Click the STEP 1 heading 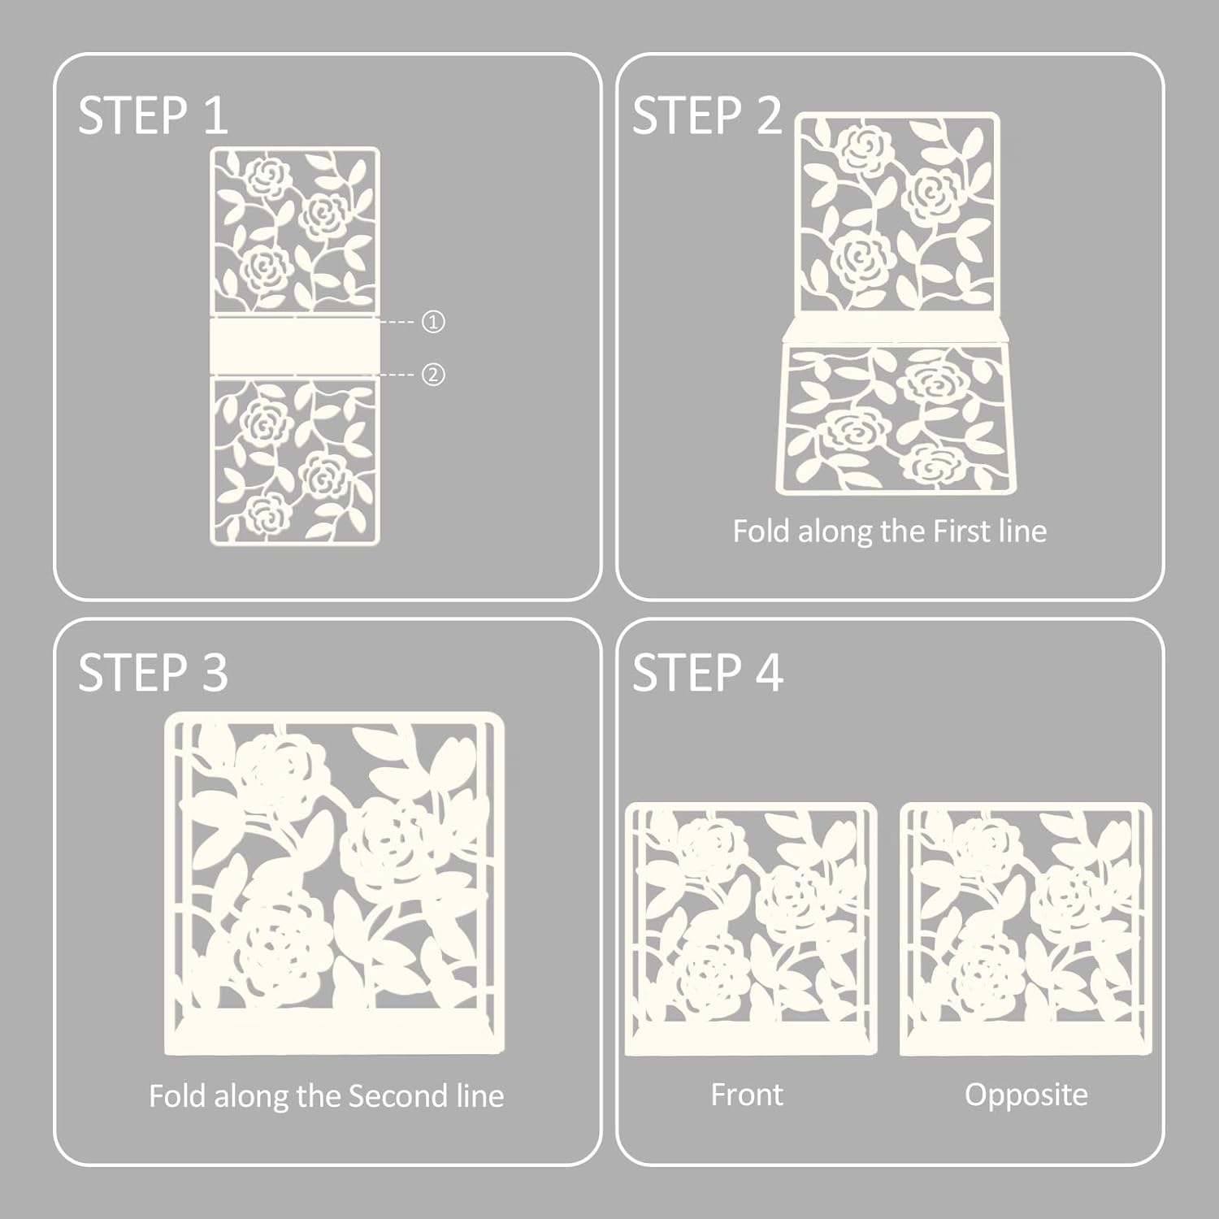point(153,115)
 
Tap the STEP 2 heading point(707,115)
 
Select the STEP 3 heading point(153,673)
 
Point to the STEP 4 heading point(707,673)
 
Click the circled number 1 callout point(433,322)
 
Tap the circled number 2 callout point(433,375)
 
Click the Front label point(747,1095)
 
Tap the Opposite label point(1026,1095)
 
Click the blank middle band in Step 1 point(294,345)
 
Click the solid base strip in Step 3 point(334,1034)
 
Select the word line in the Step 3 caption point(480,1096)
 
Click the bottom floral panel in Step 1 point(294,459)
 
